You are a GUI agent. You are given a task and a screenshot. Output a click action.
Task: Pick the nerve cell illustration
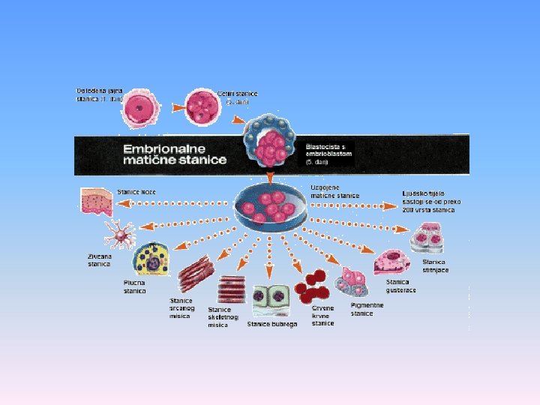118,235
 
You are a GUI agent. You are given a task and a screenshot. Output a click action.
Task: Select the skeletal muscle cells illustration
232,289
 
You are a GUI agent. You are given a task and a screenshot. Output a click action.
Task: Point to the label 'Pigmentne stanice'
367,309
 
